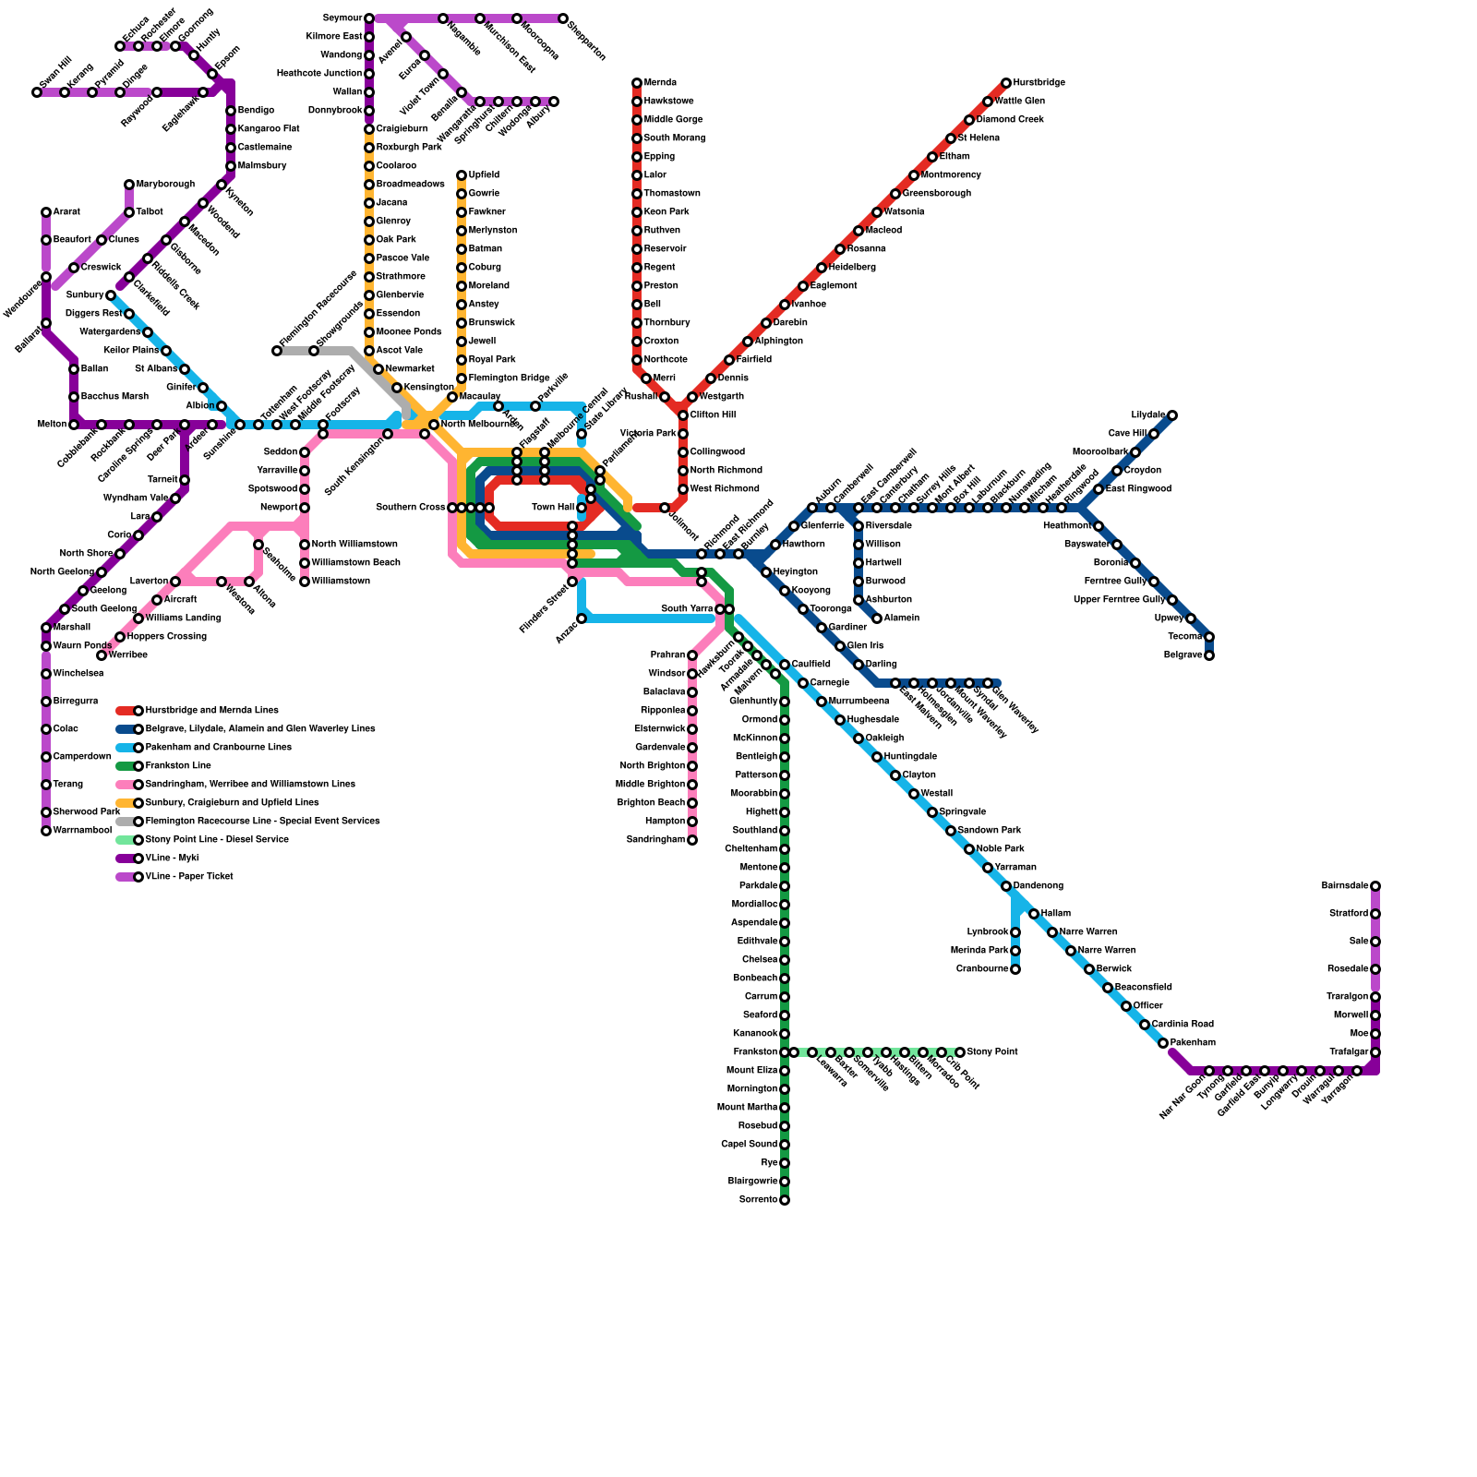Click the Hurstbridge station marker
[1006, 83]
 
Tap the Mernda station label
[660, 83]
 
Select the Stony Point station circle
[960, 1052]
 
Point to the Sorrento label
[758, 1200]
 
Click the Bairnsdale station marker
[1375, 886]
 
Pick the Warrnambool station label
[82, 831]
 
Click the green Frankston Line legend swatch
[126, 766]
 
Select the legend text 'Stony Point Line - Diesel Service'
[217, 840]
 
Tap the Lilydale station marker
[1172, 415]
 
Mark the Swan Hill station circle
[37, 92]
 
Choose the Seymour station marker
[369, 18]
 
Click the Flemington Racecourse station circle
[276, 351]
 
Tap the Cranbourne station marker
[1015, 969]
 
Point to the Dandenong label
[1039, 886]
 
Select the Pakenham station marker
[1163, 1043]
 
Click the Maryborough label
[166, 185]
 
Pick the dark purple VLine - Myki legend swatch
[126, 859]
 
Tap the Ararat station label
[66, 212]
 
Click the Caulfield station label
[811, 665]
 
